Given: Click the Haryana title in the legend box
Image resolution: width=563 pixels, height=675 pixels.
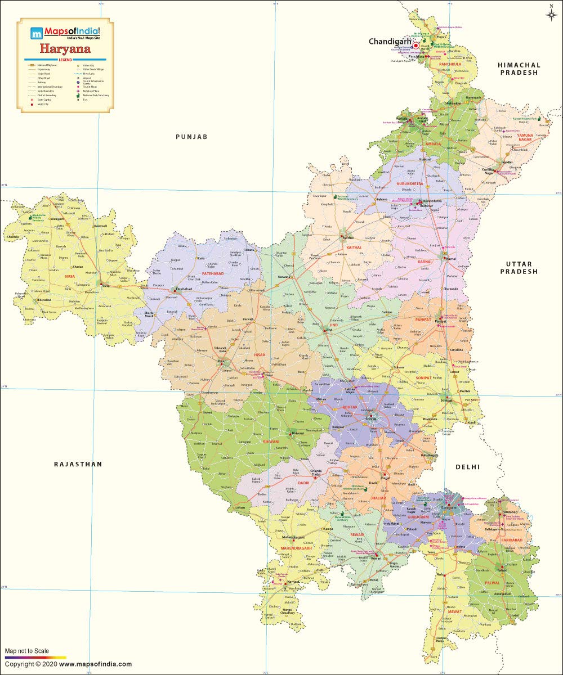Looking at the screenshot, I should (x=65, y=49).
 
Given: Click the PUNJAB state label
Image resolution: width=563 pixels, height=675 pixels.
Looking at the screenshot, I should (x=191, y=137).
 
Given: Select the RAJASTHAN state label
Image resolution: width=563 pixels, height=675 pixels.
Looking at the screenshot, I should (x=78, y=464).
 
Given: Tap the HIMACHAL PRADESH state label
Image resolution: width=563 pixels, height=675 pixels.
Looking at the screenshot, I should (x=519, y=69).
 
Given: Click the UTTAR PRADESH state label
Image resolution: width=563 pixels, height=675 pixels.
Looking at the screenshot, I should (x=521, y=267).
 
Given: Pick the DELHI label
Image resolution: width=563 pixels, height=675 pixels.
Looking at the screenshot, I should (x=468, y=467).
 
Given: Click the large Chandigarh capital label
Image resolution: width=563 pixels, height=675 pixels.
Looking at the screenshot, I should (x=390, y=42).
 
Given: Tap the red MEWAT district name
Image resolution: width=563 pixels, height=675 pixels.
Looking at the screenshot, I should (x=455, y=611).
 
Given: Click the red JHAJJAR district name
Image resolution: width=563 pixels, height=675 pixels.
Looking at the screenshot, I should (x=379, y=498).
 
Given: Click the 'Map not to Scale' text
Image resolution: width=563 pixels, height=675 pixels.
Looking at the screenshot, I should (x=27, y=651).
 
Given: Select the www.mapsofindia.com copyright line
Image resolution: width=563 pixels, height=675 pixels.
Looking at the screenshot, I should (x=68, y=664).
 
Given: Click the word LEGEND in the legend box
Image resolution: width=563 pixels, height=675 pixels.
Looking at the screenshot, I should (x=65, y=60).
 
